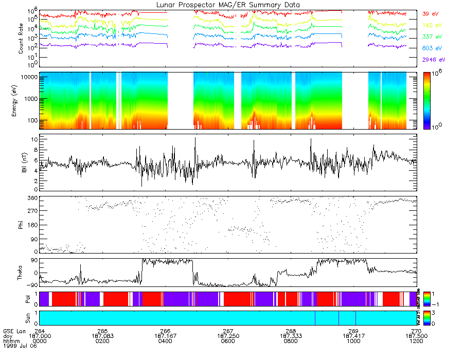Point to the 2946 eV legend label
pos(433,60)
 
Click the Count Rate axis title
pos(21,39)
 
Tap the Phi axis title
pos(21,224)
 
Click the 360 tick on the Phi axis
pos(33,198)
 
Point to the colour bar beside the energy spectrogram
pos(427,101)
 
